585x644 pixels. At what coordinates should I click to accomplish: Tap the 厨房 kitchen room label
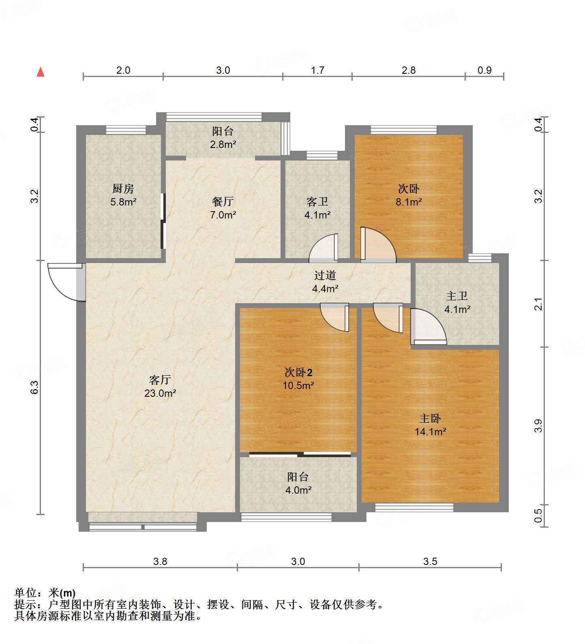(x=123, y=188)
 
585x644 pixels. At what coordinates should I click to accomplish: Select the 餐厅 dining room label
(x=223, y=201)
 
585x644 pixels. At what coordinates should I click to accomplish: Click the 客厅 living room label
(x=160, y=380)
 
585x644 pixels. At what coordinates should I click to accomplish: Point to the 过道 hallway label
(x=325, y=276)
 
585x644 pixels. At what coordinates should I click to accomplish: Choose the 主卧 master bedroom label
(x=430, y=418)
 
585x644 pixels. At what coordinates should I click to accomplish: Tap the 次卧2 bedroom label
(x=298, y=372)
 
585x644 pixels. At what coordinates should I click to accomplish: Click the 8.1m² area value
(x=409, y=202)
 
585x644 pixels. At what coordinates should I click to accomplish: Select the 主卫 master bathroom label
(x=457, y=296)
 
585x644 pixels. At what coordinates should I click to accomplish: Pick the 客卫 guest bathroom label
(x=317, y=201)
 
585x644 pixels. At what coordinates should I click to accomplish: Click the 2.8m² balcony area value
(x=223, y=144)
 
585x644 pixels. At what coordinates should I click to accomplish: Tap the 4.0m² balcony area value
(x=298, y=490)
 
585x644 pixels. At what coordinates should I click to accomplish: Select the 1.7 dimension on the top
(x=317, y=71)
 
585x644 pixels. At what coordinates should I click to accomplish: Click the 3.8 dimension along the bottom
(x=160, y=561)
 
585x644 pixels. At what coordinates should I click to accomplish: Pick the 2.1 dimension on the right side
(x=538, y=304)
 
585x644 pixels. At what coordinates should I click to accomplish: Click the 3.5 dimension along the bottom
(x=430, y=561)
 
